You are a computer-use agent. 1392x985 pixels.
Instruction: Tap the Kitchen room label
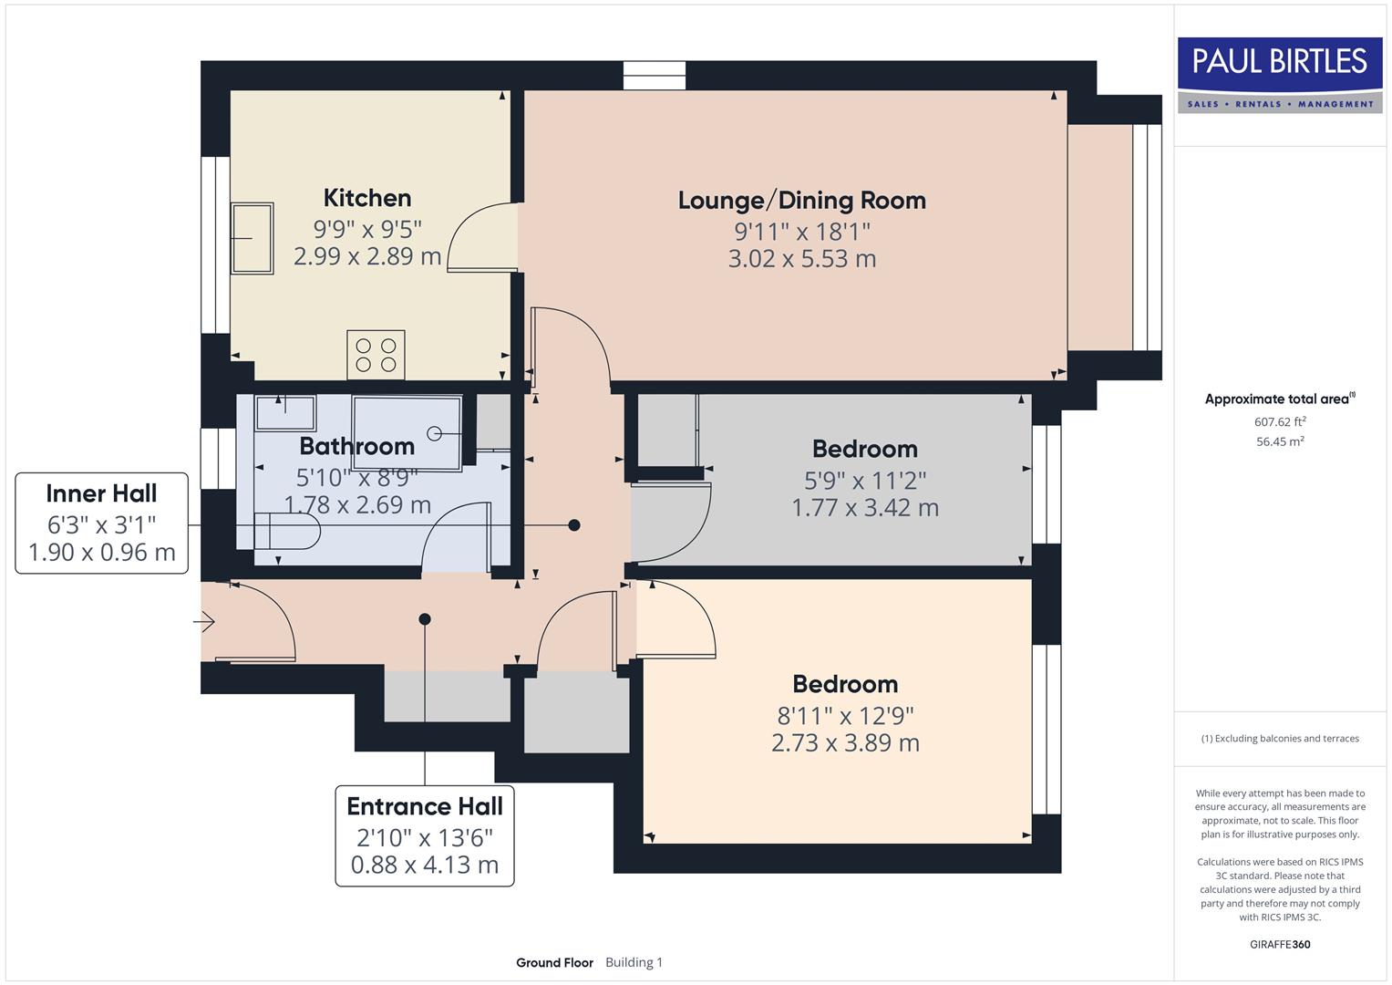point(367,198)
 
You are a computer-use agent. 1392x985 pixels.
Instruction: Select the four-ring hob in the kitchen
point(376,355)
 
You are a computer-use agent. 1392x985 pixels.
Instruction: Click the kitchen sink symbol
point(252,238)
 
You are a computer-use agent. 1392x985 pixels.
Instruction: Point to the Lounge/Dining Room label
point(801,201)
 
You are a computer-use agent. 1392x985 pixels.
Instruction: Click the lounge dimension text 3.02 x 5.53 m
point(801,259)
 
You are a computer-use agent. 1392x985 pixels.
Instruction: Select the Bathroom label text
point(356,446)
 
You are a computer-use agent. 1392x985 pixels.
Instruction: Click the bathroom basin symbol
point(285,412)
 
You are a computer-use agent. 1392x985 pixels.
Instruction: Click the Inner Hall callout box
point(101,523)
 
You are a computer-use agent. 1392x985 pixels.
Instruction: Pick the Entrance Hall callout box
point(425,835)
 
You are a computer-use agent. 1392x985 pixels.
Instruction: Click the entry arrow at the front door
point(204,622)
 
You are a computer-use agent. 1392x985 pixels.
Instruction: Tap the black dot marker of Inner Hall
point(574,525)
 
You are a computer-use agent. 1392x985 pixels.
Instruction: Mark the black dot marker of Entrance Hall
point(425,619)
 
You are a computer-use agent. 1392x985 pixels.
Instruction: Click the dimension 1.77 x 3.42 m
point(864,508)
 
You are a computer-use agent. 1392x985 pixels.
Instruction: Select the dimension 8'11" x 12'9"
point(845,715)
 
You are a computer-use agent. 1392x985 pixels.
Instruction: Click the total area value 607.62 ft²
point(1279,421)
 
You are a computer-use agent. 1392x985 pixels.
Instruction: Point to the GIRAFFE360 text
point(1279,944)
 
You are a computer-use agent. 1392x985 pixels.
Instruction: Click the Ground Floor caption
point(554,962)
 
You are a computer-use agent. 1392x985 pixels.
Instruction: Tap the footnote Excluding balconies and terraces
point(1279,739)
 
